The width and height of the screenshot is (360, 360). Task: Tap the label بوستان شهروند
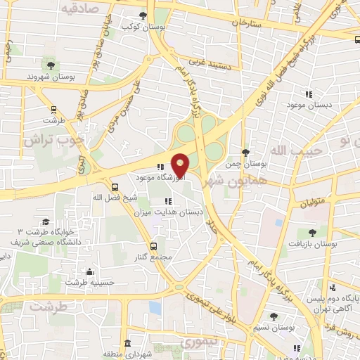click(50, 75)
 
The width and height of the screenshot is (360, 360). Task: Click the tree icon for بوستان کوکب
click(143, 15)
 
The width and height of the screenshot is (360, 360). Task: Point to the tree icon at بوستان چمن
click(245, 153)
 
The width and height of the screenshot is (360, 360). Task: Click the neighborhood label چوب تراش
click(53, 139)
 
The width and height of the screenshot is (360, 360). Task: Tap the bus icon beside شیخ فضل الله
click(115, 187)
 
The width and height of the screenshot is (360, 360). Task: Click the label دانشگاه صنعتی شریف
click(43, 241)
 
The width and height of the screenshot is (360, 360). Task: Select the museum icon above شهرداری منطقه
click(127, 343)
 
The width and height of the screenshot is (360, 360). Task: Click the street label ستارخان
click(245, 22)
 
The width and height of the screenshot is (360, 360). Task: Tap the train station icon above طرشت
click(53, 109)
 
